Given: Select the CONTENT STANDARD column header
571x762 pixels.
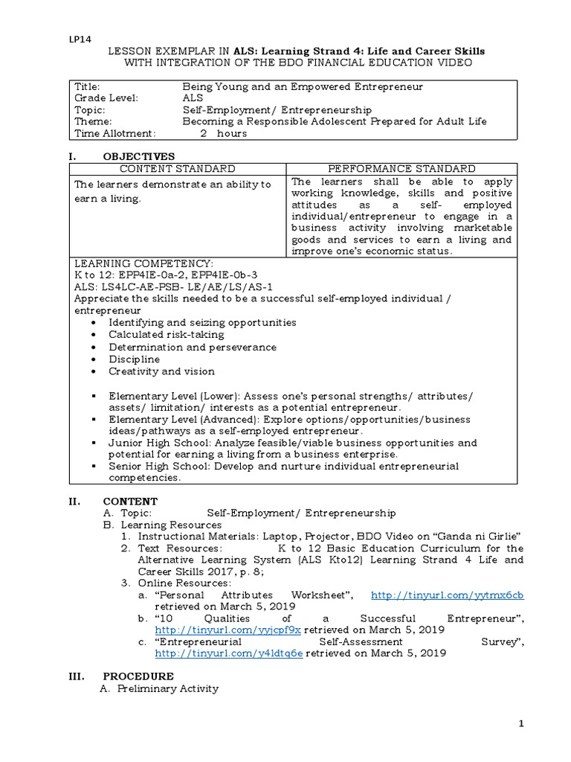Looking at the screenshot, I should [178, 169].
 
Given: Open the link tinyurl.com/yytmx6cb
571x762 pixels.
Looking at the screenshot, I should [447, 595].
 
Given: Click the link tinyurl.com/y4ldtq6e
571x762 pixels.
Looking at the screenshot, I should [228, 653].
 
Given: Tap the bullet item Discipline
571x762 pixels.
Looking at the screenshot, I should [134, 359].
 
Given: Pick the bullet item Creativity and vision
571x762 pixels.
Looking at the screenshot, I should [161, 371].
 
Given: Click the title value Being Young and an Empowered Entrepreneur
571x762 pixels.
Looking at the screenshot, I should [303, 86].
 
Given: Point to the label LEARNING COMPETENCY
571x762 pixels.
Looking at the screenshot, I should [143, 263].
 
